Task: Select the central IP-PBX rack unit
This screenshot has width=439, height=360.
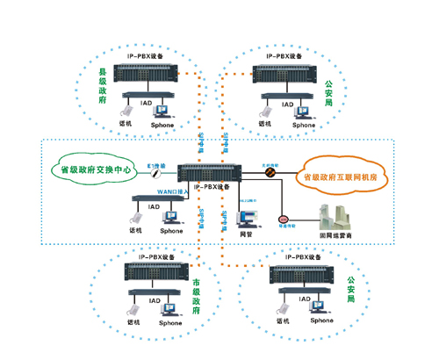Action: [203, 173]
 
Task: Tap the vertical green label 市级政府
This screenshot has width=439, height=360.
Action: [195, 298]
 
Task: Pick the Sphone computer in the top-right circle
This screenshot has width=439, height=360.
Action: [303, 112]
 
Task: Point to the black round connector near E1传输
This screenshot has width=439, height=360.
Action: [153, 175]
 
